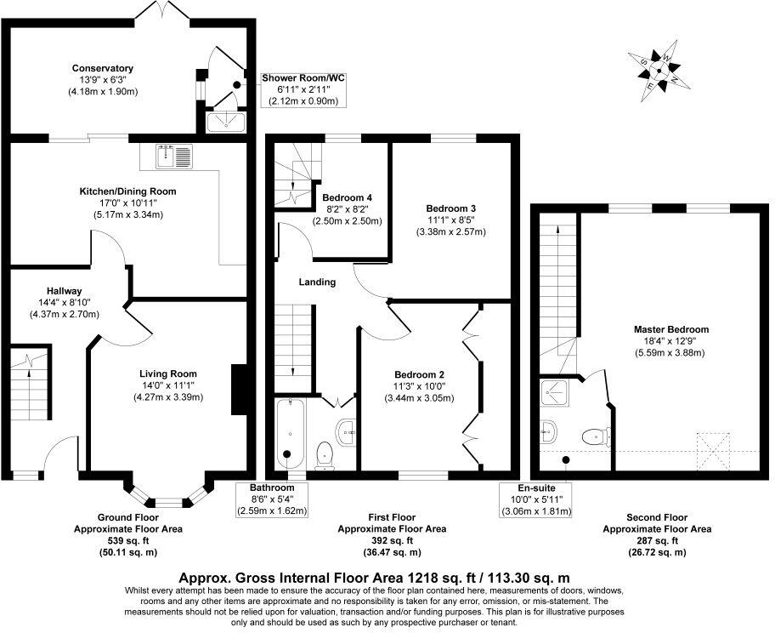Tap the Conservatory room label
coord(103,68)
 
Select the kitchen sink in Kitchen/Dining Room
coord(176,155)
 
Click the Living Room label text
coord(168,374)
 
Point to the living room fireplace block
coord(239,388)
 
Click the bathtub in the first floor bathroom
coord(287,433)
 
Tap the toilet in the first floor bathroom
coord(324,455)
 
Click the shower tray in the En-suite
coord(553,392)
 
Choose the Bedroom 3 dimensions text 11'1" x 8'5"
coord(450,220)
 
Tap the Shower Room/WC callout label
coord(303,77)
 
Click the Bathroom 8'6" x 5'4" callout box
coord(272,499)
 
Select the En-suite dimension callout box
coord(536,499)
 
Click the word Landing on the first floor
coord(317,282)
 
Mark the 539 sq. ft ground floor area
coord(127,540)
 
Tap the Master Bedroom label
coord(670,329)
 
